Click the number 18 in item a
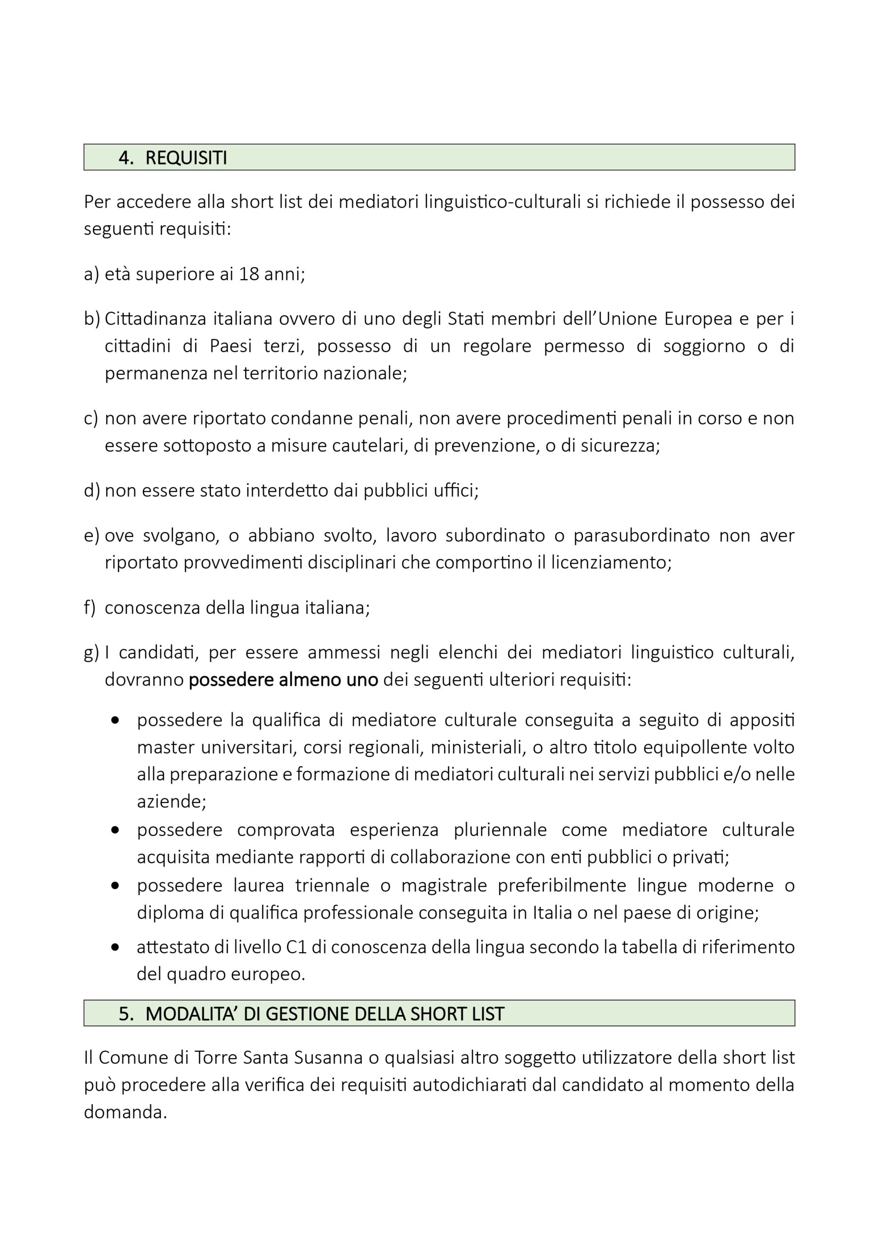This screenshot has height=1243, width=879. pos(249,274)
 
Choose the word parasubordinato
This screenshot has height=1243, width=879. pos(641,536)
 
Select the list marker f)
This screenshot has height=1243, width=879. pos(90,608)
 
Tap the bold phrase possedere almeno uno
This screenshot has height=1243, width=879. pos(283,679)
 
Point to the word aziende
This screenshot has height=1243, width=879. pos(169,801)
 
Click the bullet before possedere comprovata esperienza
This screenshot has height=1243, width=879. pos(115,830)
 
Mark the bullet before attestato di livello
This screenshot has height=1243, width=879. pos(115,947)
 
